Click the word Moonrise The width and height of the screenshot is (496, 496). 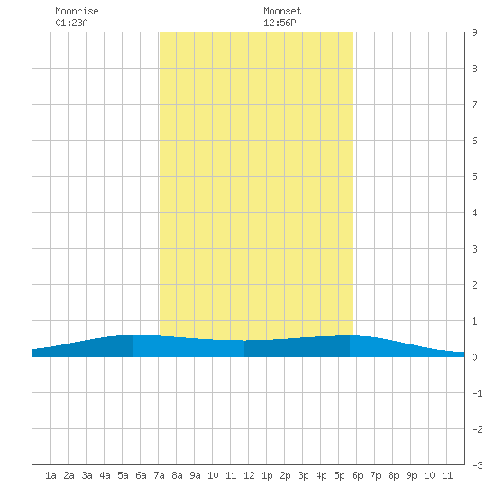point(77,11)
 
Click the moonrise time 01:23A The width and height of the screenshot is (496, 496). point(71,23)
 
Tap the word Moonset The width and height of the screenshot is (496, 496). point(282,11)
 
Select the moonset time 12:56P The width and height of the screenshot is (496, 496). point(280,23)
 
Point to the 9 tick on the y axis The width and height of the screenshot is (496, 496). point(474,32)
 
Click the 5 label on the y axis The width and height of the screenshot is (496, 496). point(474,177)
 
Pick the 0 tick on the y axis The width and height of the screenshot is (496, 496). point(474,357)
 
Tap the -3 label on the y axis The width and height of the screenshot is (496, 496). point(477,465)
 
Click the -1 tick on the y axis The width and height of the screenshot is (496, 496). point(477,393)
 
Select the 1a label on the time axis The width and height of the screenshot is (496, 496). point(51,475)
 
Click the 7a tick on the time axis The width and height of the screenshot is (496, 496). point(159,475)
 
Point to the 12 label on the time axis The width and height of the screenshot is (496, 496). point(249,475)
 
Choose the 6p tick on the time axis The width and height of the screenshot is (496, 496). point(357,475)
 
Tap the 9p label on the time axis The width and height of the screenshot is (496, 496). point(411,475)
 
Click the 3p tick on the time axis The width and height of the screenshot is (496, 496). point(303,475)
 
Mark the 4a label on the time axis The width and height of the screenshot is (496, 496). point(105,475)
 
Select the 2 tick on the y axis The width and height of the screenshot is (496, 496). point(474,285)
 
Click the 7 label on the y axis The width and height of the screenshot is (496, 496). point(474,105)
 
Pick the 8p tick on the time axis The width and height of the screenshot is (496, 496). point(393,475)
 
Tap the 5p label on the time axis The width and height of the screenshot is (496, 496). point(339,475)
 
